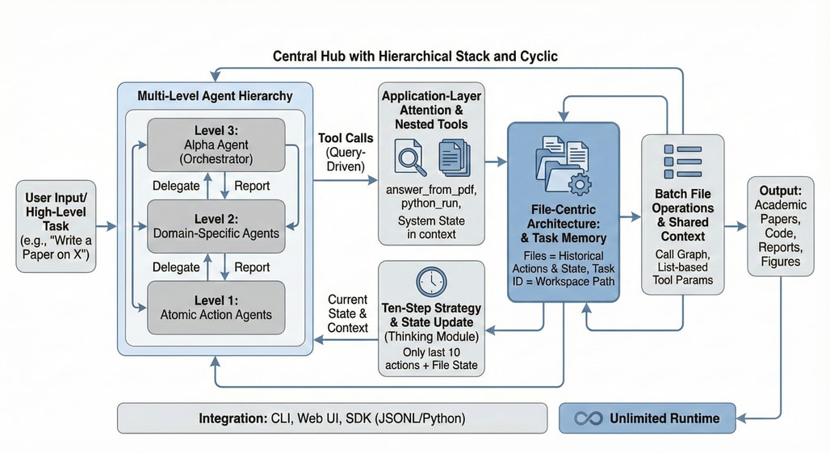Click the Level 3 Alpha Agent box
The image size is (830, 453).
coord(216,145)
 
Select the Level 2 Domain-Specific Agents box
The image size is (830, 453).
coord(216,225)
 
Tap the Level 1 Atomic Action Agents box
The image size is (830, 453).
coord(216,307)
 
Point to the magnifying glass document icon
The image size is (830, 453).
coord(409,158)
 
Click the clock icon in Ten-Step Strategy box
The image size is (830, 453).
coord(431,281)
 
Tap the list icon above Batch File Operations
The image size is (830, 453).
coord(682,162)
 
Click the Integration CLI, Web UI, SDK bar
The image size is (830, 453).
coord(332,418)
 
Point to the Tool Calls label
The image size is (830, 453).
coord(346,138)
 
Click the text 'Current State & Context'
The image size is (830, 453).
coord(348,313)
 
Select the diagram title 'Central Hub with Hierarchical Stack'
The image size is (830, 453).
coord(415,57)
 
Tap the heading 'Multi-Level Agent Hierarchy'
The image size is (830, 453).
coord(215,96)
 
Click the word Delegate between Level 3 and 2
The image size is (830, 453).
coord(176,185)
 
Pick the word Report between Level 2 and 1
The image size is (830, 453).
coord(252,266)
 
